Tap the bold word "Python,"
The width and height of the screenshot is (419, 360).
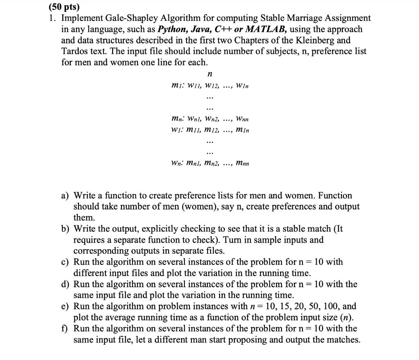174,29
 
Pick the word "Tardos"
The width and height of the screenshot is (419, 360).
74,52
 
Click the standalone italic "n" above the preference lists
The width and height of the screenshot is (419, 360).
209,74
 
